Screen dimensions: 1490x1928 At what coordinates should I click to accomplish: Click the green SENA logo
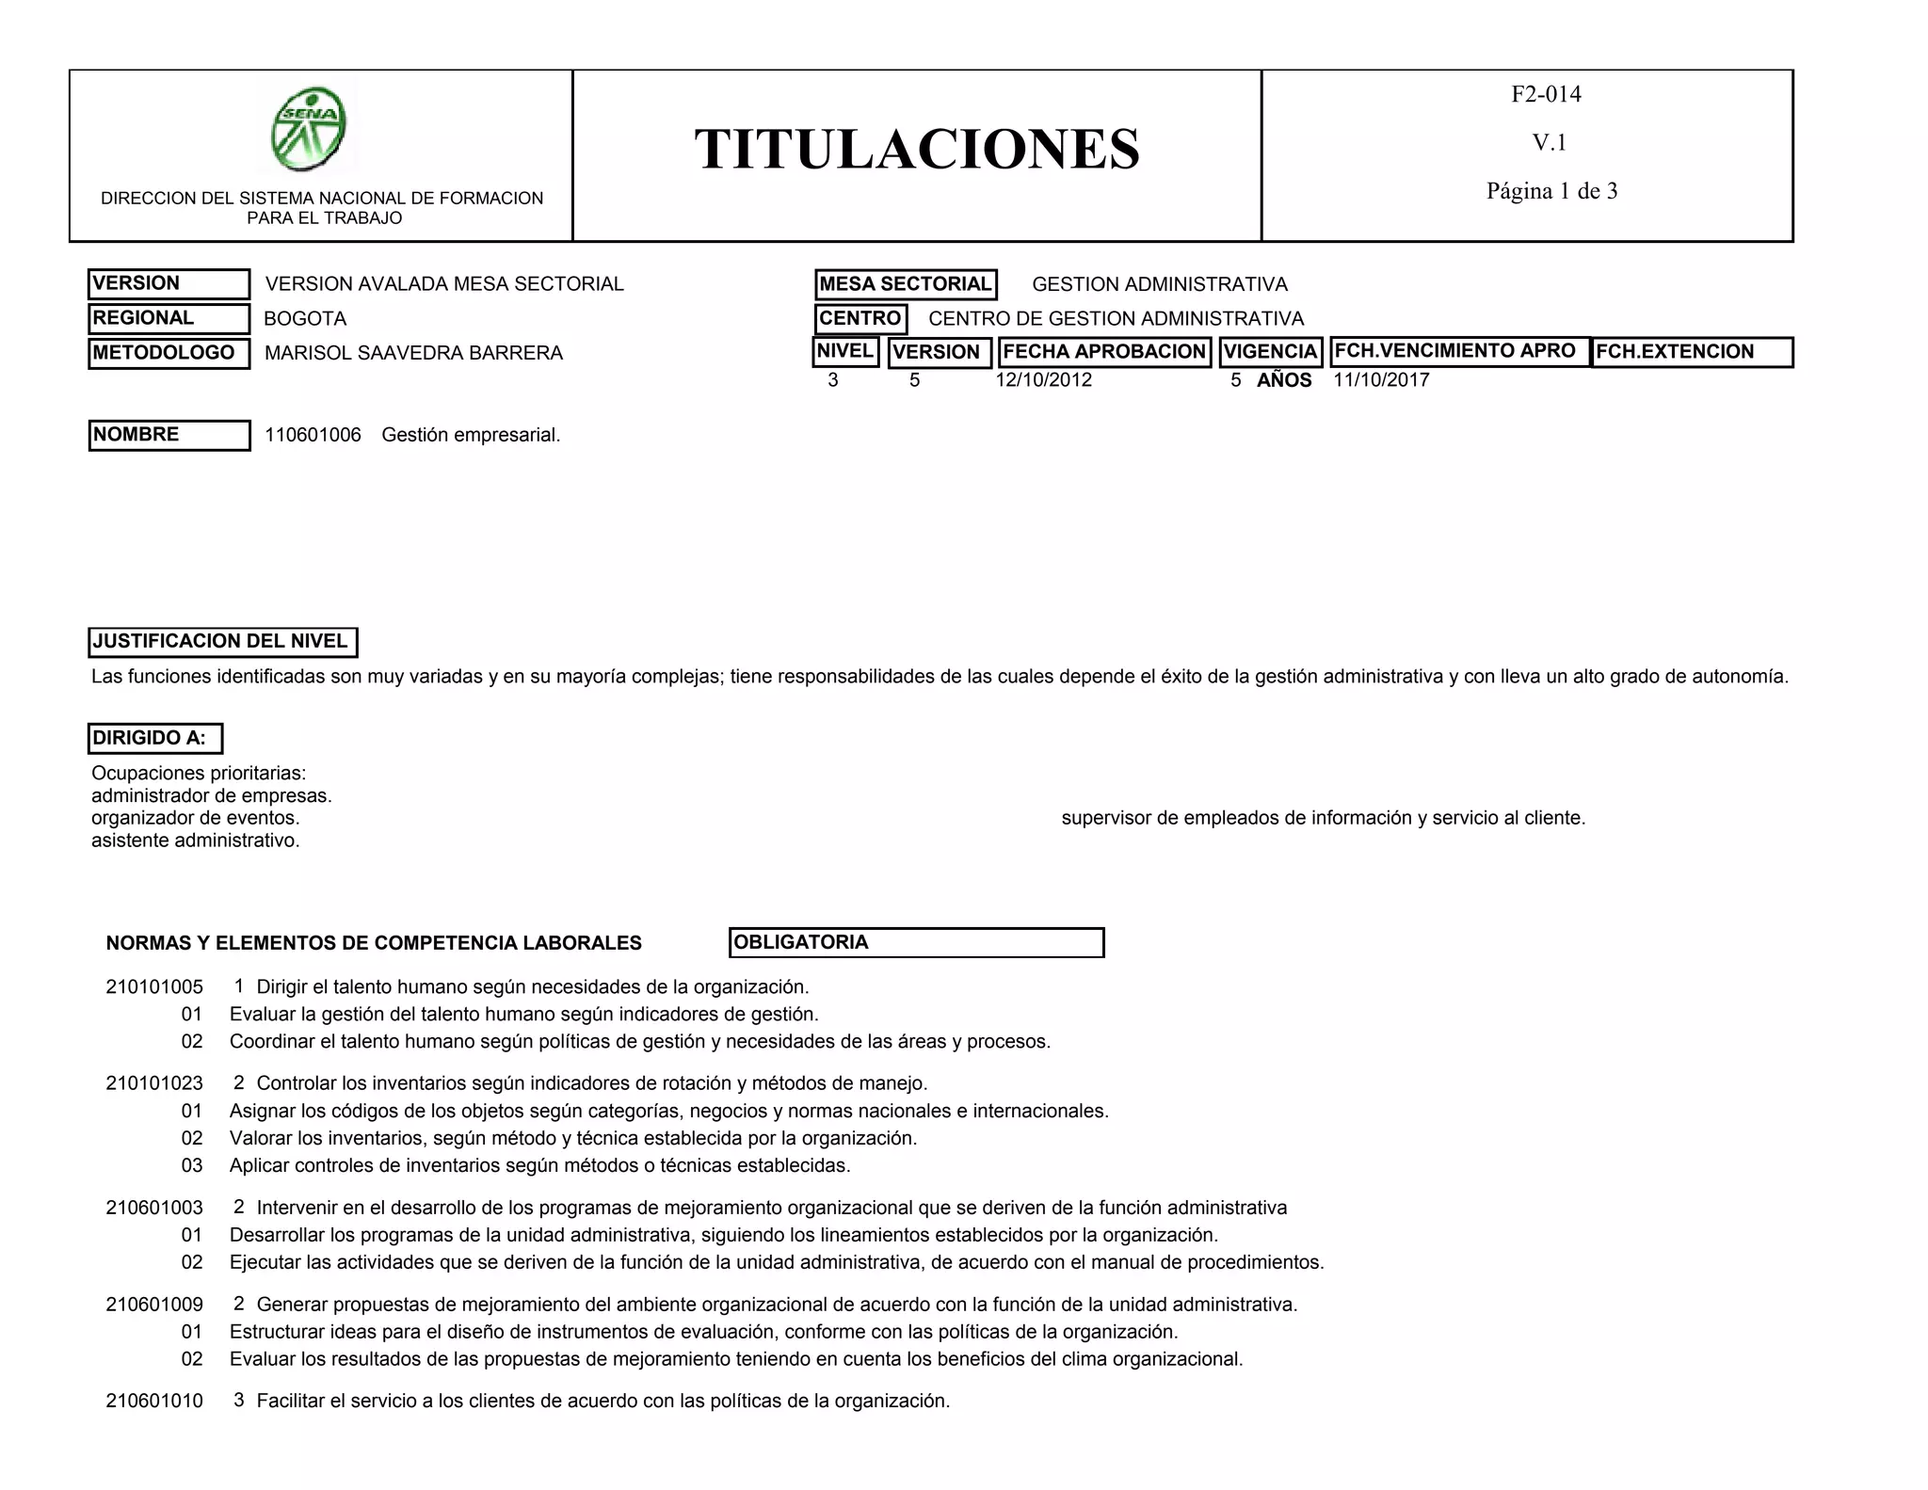point(309,129)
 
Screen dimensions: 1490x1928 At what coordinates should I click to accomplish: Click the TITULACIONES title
point(917,149)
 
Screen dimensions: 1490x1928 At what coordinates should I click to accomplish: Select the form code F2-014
point(1546,94)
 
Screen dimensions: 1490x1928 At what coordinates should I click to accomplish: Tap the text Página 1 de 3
point(1551,191)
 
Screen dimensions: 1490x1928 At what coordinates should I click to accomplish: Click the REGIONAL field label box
point(169,318)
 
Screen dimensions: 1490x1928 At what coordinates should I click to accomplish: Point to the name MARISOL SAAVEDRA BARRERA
point(413,353)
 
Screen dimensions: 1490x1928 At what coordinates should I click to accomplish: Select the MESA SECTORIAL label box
point(905,284)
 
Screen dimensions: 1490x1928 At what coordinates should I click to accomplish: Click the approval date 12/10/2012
point(1043,380)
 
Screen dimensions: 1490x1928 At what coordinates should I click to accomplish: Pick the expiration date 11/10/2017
point(1381,380)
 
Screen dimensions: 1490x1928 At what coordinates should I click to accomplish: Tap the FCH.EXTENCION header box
point(1692,352)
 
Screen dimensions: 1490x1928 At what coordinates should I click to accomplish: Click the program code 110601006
point(313,435)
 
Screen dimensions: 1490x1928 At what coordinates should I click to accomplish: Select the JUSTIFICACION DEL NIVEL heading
point(222,642)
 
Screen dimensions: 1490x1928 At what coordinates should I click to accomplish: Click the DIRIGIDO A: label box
point(155,738)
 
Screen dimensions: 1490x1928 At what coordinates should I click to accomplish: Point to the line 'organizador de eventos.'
point(195,818)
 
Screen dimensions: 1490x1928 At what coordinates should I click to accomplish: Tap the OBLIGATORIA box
point(916,942)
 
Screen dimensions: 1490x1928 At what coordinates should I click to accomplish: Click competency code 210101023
point(154,1083)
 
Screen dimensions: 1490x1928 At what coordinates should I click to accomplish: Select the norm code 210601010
point(154,1401)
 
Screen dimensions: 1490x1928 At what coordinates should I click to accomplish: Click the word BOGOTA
point(305,319)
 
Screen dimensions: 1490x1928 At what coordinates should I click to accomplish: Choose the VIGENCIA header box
point(1270,352)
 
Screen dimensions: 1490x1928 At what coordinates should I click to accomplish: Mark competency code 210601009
point(154,1305)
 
